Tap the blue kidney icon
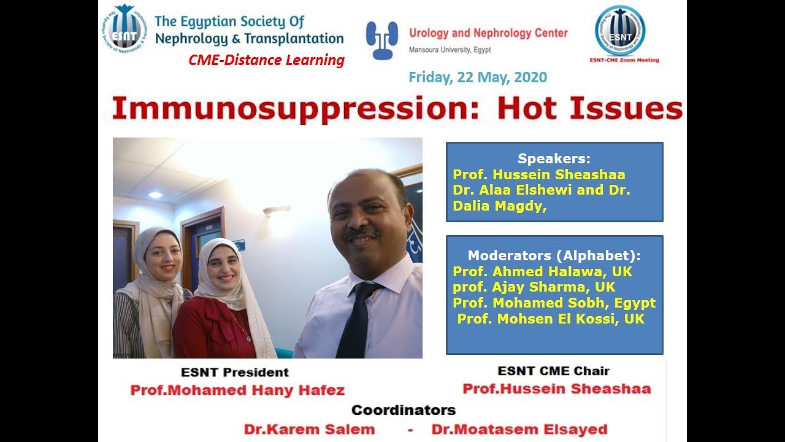[382, 41]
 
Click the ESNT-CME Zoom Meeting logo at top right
[619, 31]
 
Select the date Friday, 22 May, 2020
[478, 77]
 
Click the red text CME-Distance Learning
[266, 60]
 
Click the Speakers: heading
[554, 158]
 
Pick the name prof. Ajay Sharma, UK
[534, 287]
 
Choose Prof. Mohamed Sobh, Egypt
[554, 303]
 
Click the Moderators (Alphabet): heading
[554, 256]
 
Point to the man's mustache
[360, 233]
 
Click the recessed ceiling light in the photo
[155, 195]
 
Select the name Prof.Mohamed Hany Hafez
[237, 390]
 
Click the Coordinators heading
[403, 410]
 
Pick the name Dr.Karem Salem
[309, 429]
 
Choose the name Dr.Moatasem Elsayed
[519, 429]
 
